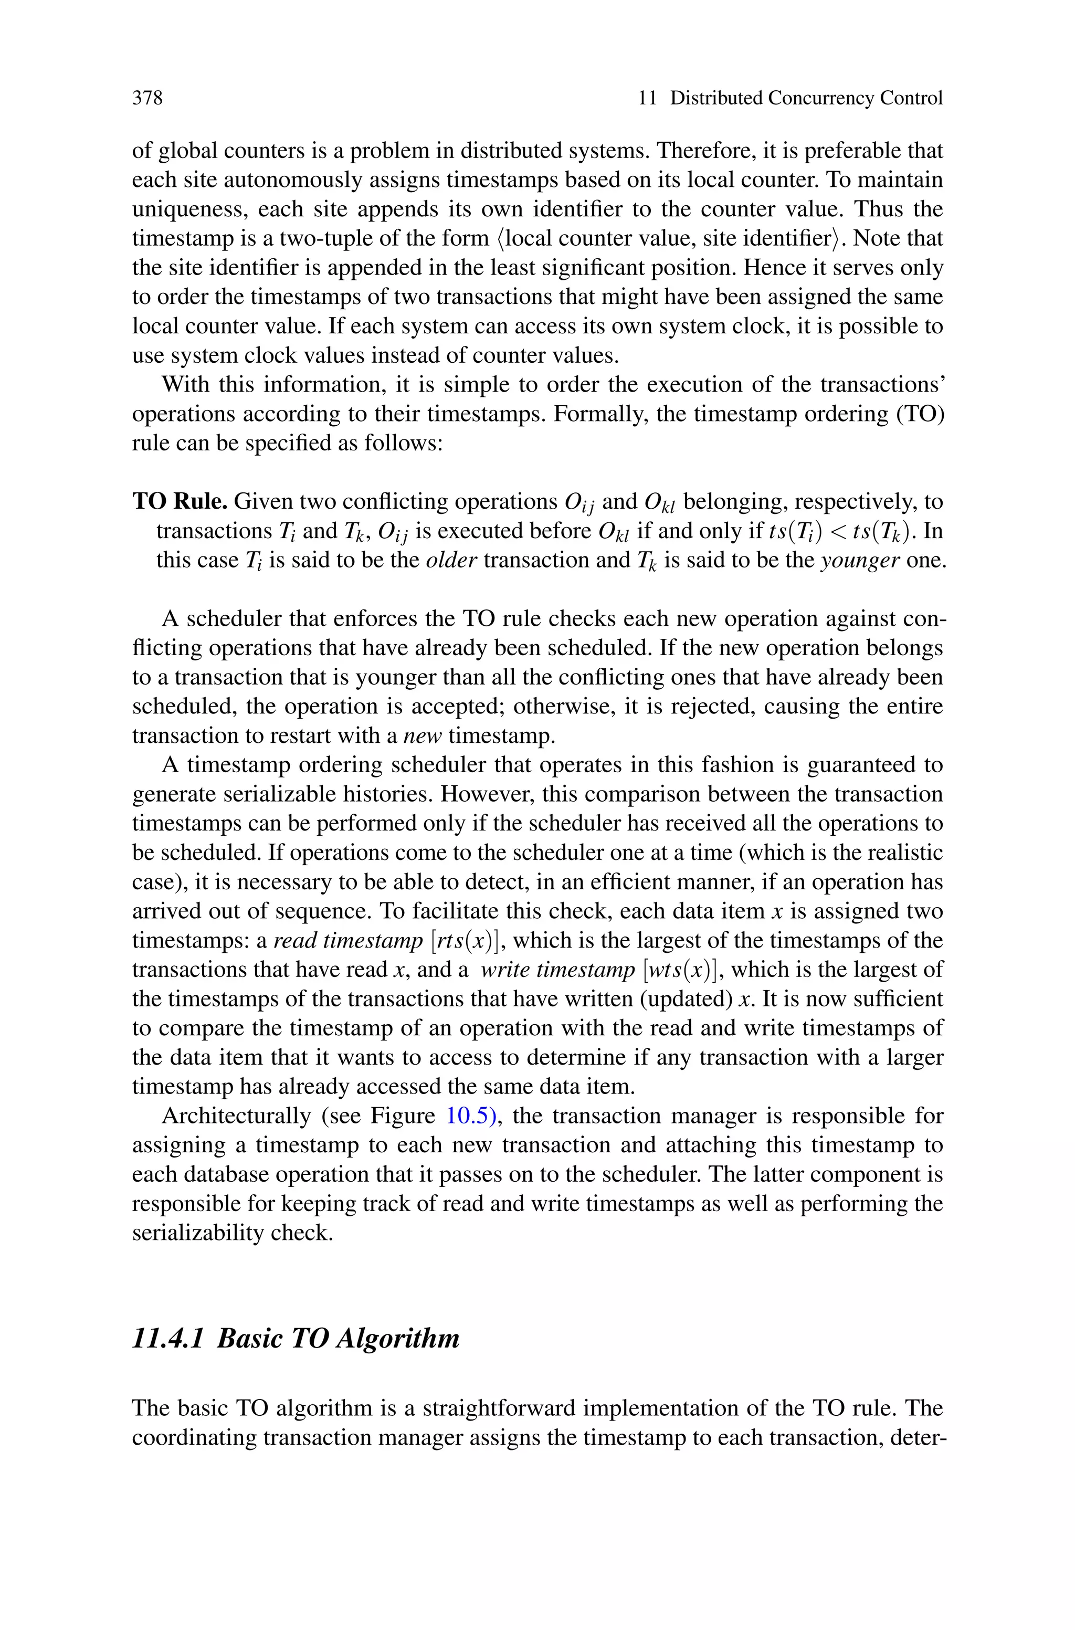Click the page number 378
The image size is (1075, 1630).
(x=147, y=98)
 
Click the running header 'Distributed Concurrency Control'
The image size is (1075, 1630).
(x=806, y=98)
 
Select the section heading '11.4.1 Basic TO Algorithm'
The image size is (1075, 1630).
(x=296, y=1339)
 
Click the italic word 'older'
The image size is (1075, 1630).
(x=451, y=560)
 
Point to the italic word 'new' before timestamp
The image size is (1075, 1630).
(x=423, y=735)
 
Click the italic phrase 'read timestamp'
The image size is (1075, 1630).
(x=349, y=940)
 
